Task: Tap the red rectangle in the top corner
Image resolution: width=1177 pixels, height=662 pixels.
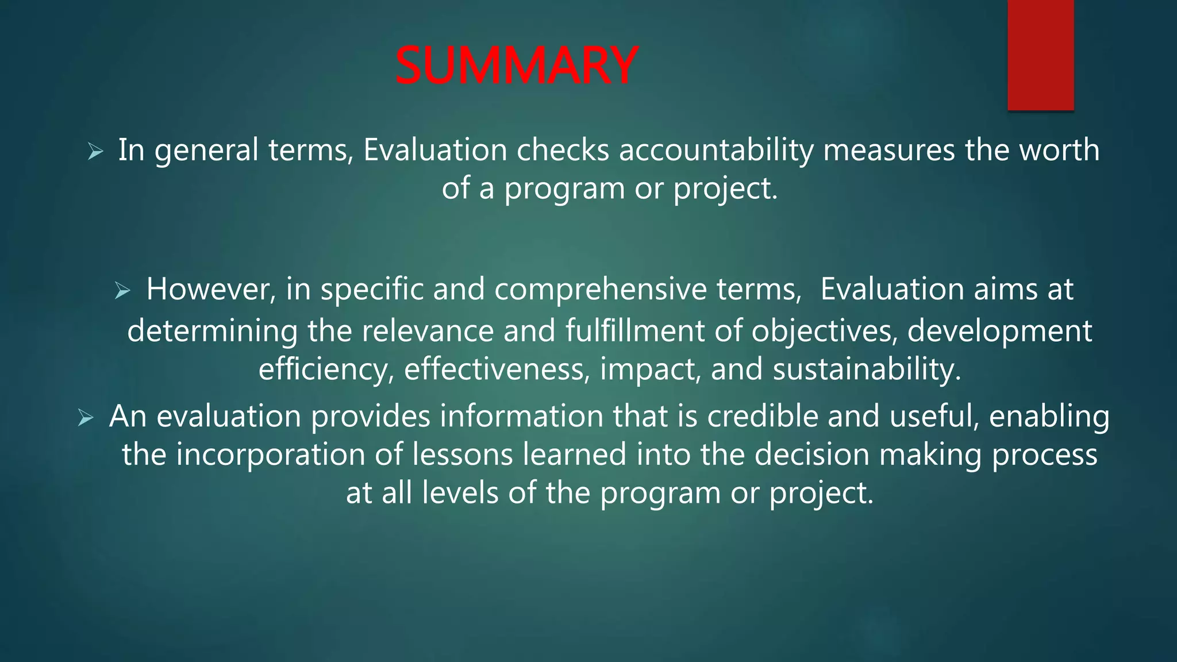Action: [1040, 55]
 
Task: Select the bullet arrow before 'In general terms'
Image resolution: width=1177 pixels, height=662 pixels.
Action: [95, 152]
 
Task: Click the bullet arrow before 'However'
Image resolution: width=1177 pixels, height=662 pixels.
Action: [122, 291]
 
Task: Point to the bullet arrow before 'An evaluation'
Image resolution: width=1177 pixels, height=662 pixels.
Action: [86, 418]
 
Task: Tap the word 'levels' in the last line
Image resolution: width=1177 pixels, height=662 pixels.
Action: [459, 493]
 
